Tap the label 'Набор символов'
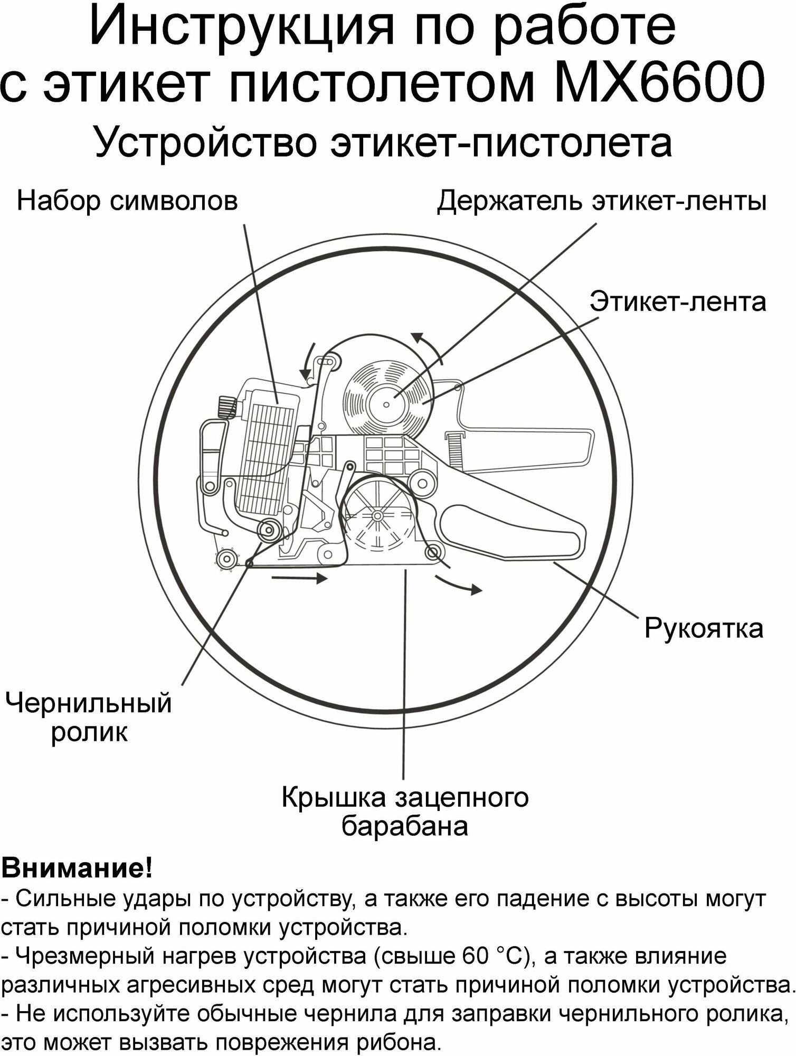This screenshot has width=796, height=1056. pos(127,201)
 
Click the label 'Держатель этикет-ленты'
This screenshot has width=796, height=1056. pos(602,201)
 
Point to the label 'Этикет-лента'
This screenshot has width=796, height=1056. pos(678,302)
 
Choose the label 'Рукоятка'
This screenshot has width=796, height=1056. pos(704,628)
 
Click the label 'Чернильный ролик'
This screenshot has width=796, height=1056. pos(89,718)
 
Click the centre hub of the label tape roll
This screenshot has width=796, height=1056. pos(386,404)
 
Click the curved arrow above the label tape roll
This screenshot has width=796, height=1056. pos(428,346)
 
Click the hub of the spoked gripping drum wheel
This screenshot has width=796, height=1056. pos(377,515)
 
